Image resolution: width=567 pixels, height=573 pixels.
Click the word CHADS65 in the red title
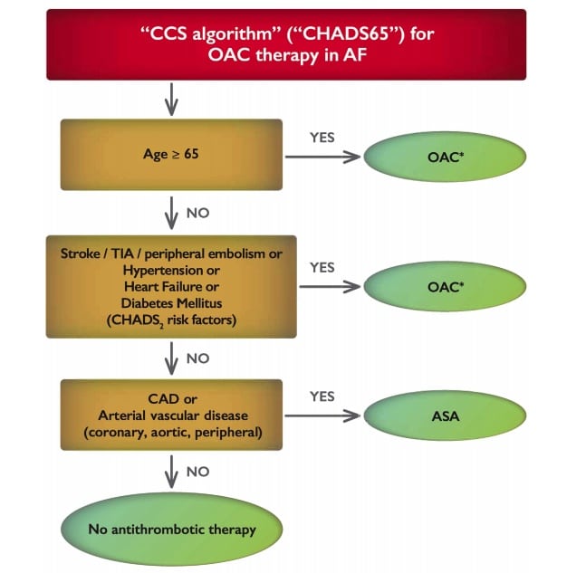coord(346,34)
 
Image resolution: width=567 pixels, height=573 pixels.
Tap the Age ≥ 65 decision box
coord(171,155)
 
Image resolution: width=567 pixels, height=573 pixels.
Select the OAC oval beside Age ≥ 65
coord(445,157)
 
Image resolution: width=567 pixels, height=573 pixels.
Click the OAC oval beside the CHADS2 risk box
coord(445,286)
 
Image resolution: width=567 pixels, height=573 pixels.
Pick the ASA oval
coord(445,415)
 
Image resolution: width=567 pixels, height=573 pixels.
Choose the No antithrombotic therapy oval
coord(171,530)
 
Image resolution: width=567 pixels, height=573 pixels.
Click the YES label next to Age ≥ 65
coord(322,138)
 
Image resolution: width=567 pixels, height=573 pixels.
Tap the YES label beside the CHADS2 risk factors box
coord(322,268)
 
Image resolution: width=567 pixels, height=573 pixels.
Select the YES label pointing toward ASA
coord(322,396)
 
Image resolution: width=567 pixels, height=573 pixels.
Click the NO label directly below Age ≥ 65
coord(197,213)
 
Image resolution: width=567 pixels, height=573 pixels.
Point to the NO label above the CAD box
coord(197,358)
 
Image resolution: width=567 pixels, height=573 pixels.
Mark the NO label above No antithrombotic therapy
coord(197,472)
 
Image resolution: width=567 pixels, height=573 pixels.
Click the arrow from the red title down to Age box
coord(171,100)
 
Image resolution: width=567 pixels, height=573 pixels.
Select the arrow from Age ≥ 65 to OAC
coord(322,157)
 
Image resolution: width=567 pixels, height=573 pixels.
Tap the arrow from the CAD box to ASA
coord(322,415)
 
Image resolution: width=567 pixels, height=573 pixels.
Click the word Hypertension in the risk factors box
coord(163,271)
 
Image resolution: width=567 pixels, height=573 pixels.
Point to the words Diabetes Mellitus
coord(171,303)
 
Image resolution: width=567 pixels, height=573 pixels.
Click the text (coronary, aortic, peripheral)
coord(173,433)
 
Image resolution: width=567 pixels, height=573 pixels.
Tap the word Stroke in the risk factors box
coord(81,253)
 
